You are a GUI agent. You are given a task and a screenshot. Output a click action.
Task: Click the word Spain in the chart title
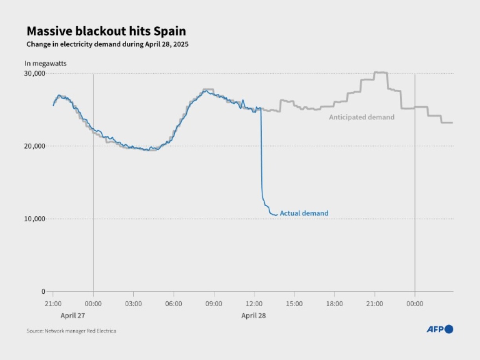click(x=169, y=31)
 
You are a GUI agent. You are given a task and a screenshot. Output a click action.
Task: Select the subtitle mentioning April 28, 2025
click(x=107, y=44)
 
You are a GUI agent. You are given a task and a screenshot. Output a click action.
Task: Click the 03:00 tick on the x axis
click(x=133, y=304)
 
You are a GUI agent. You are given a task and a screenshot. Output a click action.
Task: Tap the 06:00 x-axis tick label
click(x=174, y=304)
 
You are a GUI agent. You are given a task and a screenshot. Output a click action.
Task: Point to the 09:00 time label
click(x=214, y=304)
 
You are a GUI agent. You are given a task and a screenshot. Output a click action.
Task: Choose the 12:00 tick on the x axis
click(x=254, y=304)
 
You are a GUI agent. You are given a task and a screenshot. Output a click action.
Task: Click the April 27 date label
click(x=73, y=315)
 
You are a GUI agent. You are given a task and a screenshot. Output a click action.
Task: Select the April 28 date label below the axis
click(x=253, y=315)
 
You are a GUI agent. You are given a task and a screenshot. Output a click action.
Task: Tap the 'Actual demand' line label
click(x=304, y=213)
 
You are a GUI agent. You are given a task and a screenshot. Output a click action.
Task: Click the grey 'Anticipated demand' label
click(x=362, y=117)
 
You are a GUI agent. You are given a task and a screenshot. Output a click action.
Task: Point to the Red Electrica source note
click(x=71, y=331)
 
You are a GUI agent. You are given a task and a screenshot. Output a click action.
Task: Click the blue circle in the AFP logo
click(x=449, y=329)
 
